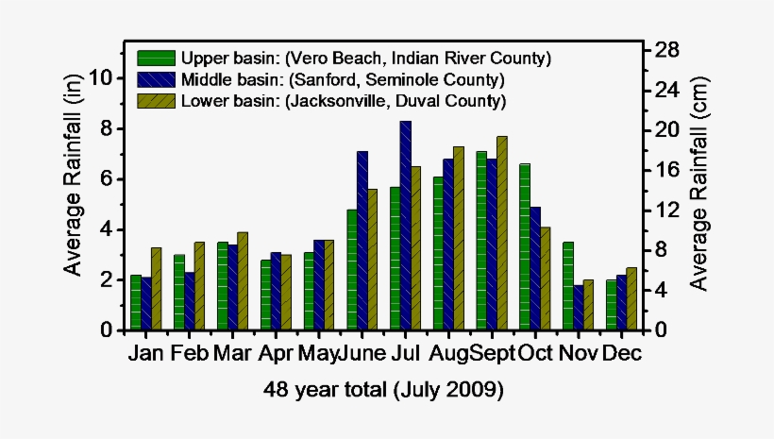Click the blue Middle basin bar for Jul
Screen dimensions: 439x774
pyautogui.click(x=405, y=226)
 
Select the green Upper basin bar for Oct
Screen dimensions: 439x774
pyautogui.click(x=525, y=247)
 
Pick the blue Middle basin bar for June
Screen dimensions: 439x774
pyautogui.click(x=362, y=241)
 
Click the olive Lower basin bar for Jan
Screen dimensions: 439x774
pyautogui.click(x=156, y=289)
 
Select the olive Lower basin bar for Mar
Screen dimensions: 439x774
pyautogui.click(x=243, y=281)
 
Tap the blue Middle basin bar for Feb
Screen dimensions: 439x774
pyautogui.click(x=189, y=301)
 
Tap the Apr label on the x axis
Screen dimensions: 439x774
pyautogui.click(x=276, y=354)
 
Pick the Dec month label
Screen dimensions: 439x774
pyautogui.click(x=621, y=354)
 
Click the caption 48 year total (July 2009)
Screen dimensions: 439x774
pyautogui.click(x=383, y=389)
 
